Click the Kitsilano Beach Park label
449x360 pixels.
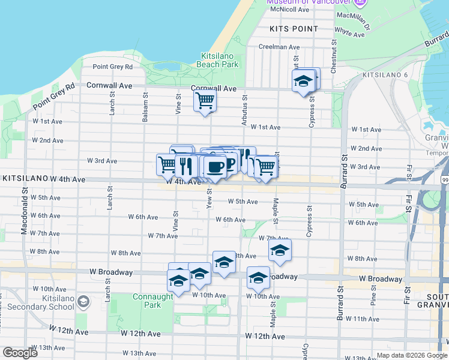219,60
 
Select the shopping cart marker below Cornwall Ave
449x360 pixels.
205,100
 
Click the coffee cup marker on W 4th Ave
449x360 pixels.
215,166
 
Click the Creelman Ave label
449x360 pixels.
279,47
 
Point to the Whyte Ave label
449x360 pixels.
349,32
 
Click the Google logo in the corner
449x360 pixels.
20,353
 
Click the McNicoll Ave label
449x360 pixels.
285,9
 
